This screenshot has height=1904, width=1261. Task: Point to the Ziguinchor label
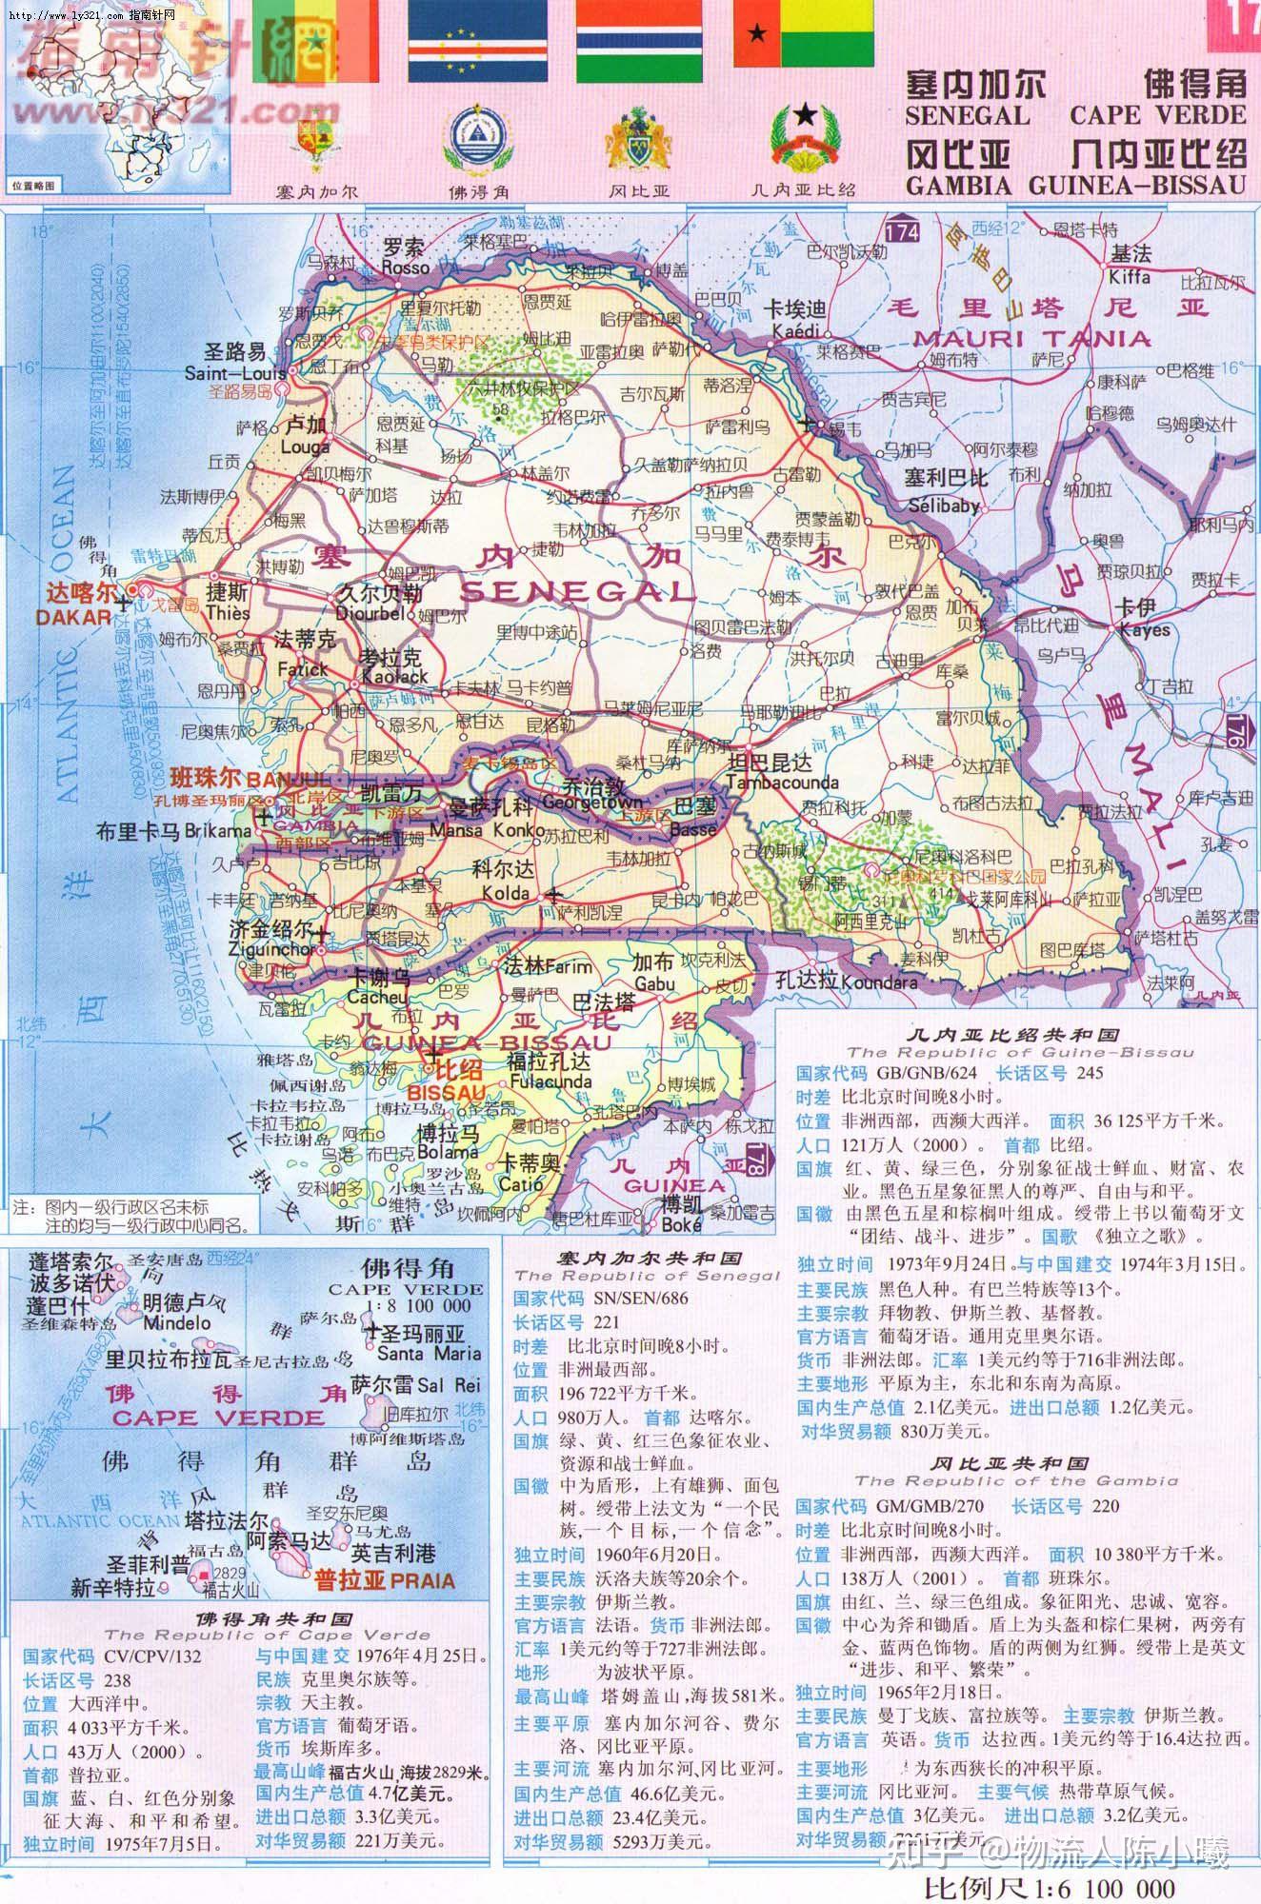tap(271, 949)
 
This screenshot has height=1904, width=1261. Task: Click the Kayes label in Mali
tap(1144, 630)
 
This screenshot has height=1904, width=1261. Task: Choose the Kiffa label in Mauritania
tap(1129, 277)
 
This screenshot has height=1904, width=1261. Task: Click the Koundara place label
tap(880, 982)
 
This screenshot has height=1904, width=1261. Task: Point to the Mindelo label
tap(177, 1322)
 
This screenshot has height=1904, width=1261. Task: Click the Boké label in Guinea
tap(683, 1225)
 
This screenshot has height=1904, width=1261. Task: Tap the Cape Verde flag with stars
tap(477, 41)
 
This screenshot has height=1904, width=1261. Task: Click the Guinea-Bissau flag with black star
tap(803, 32)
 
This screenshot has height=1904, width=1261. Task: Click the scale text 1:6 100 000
tap(1048, 1887)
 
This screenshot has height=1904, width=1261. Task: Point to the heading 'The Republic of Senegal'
tap(647, 1275)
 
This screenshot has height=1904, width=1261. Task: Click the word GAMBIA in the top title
tap(958, 185)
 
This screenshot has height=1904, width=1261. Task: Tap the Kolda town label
tap(506, 893)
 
